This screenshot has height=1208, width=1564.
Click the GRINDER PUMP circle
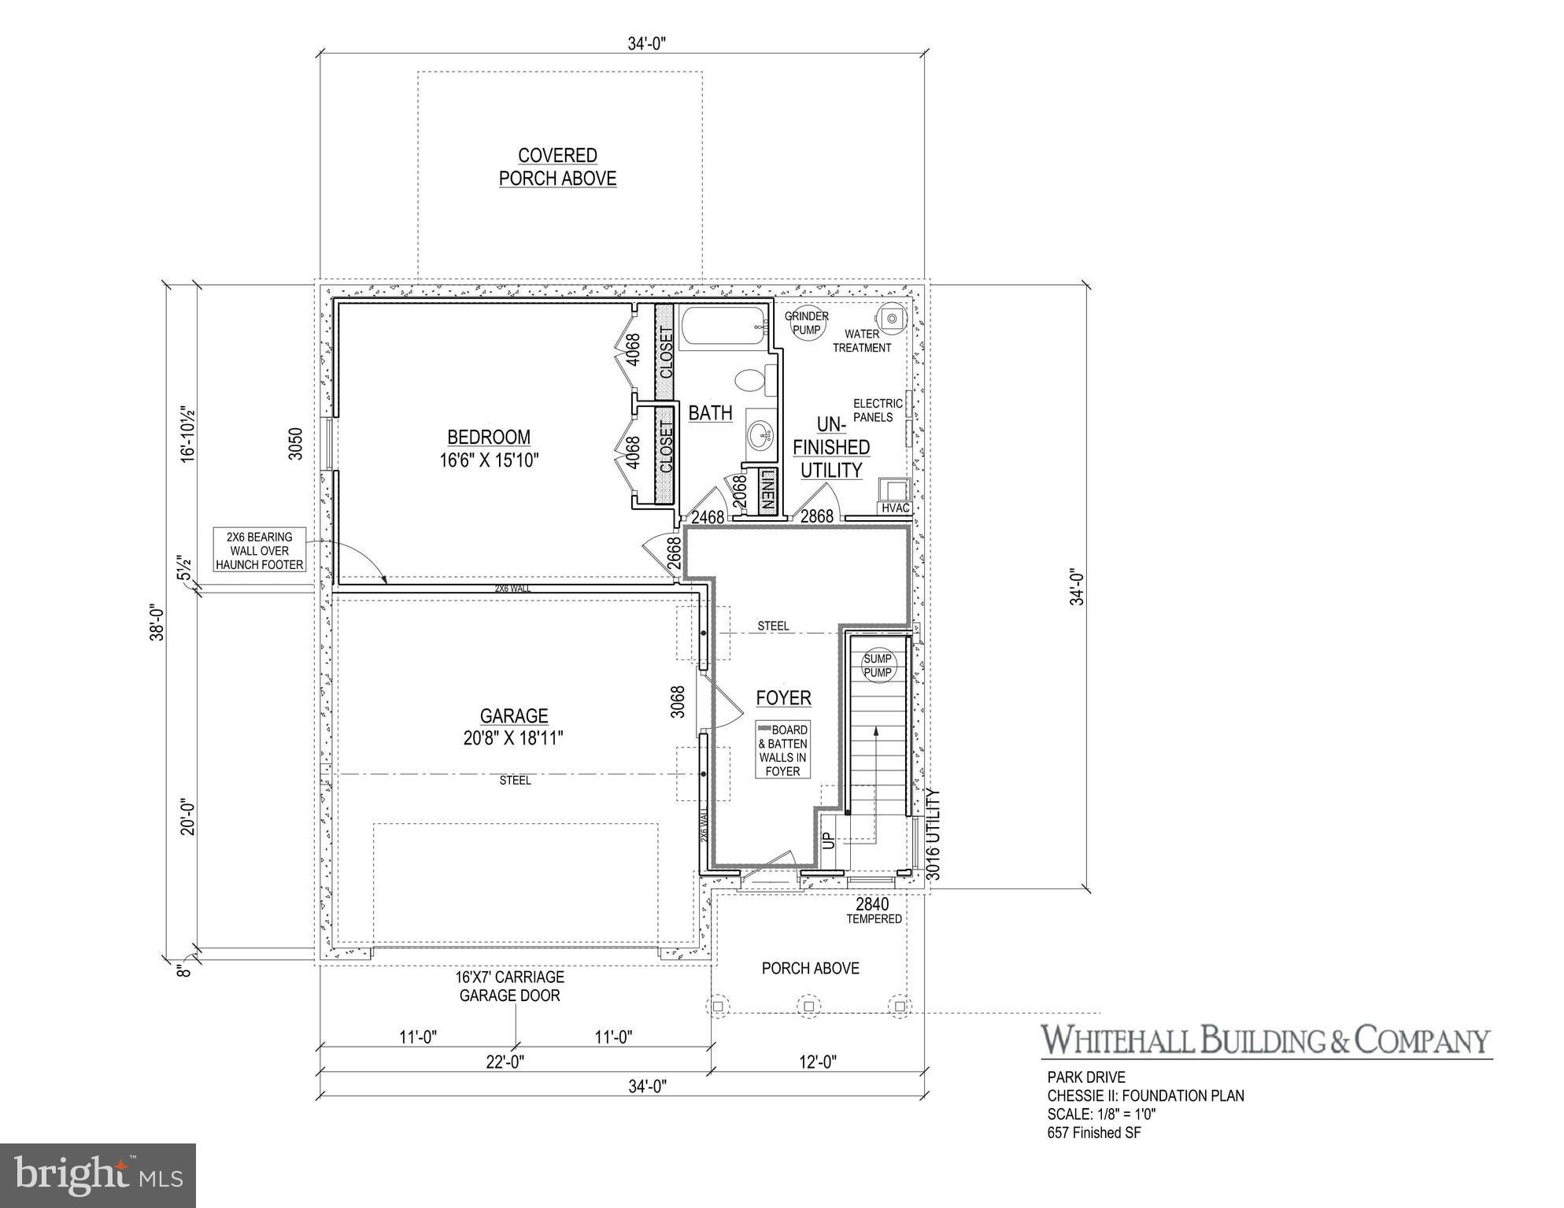(806, 323)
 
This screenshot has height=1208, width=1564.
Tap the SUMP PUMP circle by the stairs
(878, 666)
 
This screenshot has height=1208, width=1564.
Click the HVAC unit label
(896, 508)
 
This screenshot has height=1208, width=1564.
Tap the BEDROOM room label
(489, 438)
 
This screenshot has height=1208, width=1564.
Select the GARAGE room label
(514, 716)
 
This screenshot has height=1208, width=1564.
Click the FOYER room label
(783, 698)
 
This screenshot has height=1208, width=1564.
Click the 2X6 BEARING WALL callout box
(259, 551)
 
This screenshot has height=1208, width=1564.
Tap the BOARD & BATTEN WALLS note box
(782, 750)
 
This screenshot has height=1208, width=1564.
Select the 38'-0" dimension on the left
(158, 622)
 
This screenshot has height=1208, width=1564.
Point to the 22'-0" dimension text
(505, 1062)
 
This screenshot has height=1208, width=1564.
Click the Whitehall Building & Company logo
(1266, 1040)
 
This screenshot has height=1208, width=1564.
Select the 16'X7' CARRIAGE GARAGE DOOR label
(509, 986)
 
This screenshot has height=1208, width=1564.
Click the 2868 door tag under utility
(816, 517)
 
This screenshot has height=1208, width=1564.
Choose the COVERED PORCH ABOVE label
(557, 167)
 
